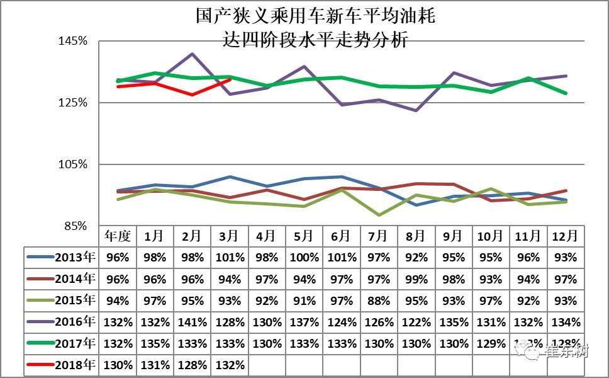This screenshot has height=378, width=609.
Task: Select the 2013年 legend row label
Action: click(75, 257)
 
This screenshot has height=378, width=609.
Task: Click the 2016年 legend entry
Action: click(75, 322)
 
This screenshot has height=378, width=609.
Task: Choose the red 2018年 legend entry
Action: click(75, 365)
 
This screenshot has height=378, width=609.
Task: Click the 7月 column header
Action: click(377, 236)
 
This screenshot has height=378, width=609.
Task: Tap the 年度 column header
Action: click(118, 236)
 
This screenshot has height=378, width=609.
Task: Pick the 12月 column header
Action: click(564, 236)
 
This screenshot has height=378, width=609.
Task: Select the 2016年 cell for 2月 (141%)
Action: click(192, 323)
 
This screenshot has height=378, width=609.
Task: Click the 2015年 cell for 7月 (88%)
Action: click(377, 301)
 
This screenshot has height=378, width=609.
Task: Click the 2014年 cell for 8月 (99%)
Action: click(415, 279)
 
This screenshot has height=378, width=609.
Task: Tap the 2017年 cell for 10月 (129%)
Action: click(489, 344)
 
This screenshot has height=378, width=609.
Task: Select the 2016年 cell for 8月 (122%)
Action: click(415, 323)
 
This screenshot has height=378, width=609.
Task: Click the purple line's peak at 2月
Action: click(193, 54)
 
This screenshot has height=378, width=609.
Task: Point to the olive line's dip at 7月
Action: click(378, 215)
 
